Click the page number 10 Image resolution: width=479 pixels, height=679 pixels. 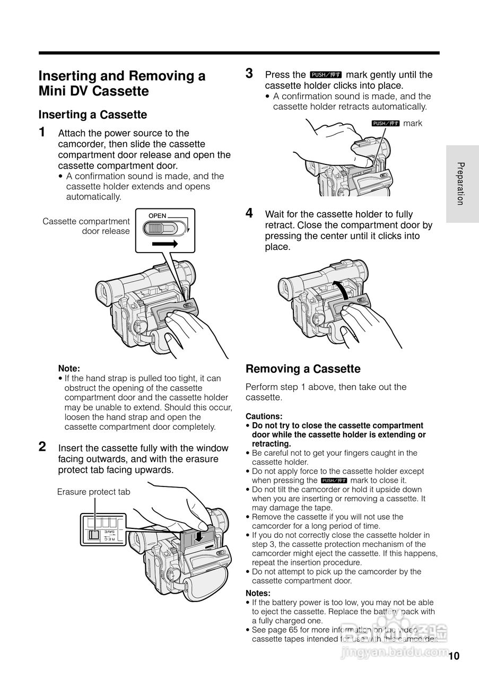point(454,656)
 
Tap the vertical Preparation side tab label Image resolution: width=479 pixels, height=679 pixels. point(460,184)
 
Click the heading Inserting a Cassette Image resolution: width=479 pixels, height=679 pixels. point(93,115)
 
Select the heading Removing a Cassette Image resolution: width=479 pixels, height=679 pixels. point(303,369)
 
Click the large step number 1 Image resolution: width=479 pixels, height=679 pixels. point(42,132)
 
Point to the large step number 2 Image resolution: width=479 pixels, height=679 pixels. point(42,447)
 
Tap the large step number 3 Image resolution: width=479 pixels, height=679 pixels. point(249,74)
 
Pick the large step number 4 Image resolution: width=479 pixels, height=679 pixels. point(249,213)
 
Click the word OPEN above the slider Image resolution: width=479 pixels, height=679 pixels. point(157,216)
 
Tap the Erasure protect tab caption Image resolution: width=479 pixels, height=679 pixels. point(93,492)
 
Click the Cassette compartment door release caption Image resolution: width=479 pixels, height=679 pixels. point(86,226)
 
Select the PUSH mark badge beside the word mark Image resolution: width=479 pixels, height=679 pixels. point(385,123)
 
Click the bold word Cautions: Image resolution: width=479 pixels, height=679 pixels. point(264,416)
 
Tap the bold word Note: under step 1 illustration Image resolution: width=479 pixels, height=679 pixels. point(69,368)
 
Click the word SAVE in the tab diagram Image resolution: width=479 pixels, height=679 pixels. point(109,531)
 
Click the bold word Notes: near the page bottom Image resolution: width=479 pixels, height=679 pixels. point(258,593)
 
